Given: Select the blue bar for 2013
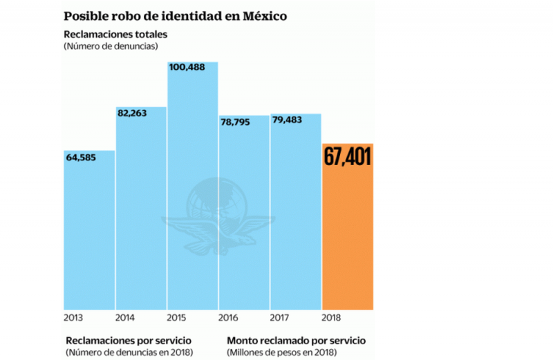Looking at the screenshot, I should (x=89, y=235).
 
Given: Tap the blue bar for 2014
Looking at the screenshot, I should (x=141, y=214).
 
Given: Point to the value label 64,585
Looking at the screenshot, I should (x=81, y=158).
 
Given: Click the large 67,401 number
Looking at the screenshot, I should (x=348, y=157).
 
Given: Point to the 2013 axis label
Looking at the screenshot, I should (x=73, y=319).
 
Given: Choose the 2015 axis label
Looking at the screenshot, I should (x=178, y=319).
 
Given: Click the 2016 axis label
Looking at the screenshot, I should (x=229, y=319).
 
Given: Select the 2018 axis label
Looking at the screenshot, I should (x=333, y=319).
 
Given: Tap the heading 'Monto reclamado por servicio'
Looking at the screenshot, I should (x=296, y=341).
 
